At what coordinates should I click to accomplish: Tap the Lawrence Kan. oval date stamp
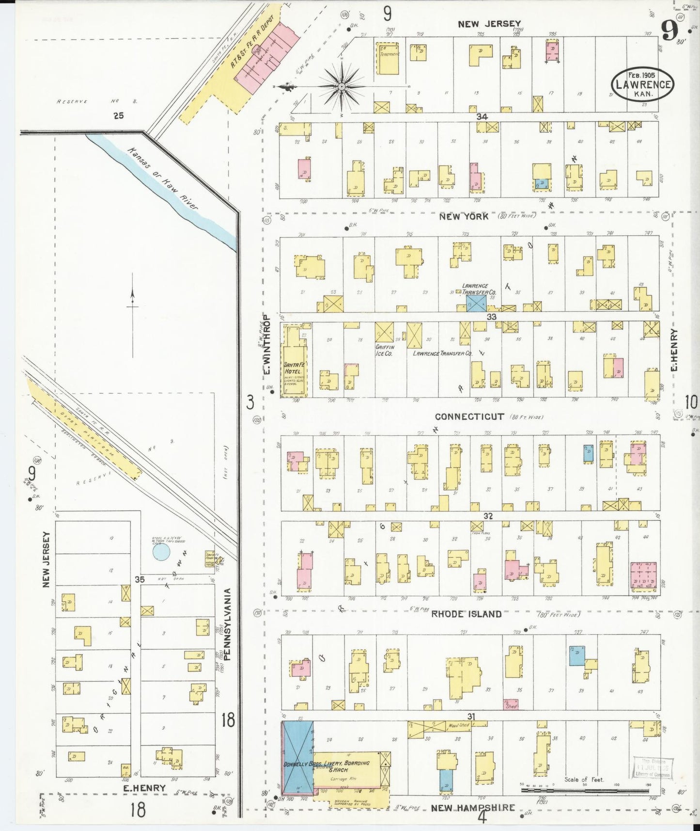coord(642,84)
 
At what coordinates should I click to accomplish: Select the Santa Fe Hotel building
coord(295,361)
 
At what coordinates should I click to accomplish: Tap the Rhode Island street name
coord(466,614)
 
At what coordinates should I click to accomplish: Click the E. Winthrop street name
coord(266,345)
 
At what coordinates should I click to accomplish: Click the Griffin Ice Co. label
coord(385,351)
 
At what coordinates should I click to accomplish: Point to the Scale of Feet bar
coord(585,790)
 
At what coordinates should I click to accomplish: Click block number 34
coord(481,116)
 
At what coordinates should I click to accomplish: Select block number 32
coord(487,516)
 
